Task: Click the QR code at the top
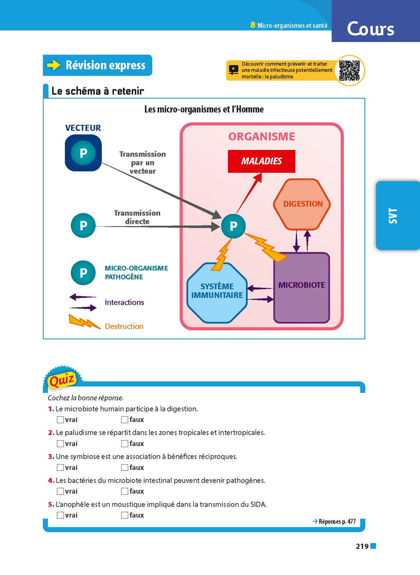pyautogui.click(x=349, y=71)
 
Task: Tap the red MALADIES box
pyautogui.click(x=262, y=161)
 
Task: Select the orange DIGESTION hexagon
pyautogui.click(x=302, y=204)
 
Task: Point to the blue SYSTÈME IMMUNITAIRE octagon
pyautogui.click(x=217, y=291)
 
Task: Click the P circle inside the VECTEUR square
pyautogui.click(x=83, y=153)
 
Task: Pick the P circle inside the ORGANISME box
pyautogui.click(x=233, y=226)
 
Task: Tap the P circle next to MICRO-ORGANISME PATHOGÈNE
pyautogui.click(x=83, y=273)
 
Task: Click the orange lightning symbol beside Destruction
pyautogui.click(x=85, y=323)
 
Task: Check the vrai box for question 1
pyautogui.click(x=60, y=420)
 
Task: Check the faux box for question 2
pyautogui.click(x=125, y=444)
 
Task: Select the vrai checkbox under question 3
pyautogui.click(x=60, y=468)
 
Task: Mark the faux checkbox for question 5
pyautogui.click(x=125, y=515)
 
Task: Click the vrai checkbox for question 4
pyautogui.click(x=60, y=491)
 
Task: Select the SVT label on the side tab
pyautogui.click(x=393, y=216)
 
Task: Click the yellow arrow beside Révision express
pyautogui.click(x=54, y=65)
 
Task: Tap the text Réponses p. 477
pyautogui.click(x=334, y=522)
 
